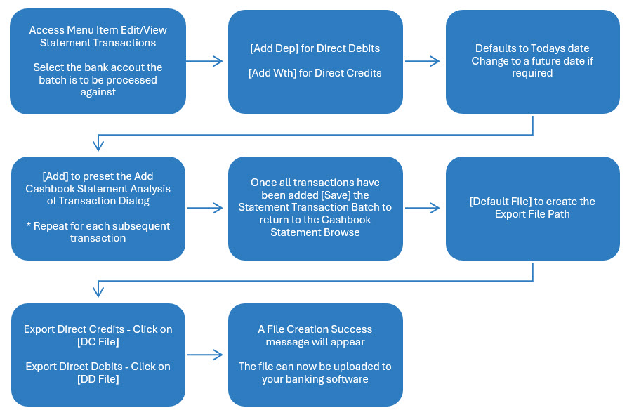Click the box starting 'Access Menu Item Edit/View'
click(98, 61)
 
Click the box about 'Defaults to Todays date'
click(533, 62)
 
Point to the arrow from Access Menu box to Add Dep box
click(205, 61)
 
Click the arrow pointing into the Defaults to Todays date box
click(422, 61)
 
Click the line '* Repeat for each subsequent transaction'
click(98, 232)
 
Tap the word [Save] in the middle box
click(336, 195)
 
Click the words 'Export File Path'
click(532, 214)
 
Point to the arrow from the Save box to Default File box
click(422, 208)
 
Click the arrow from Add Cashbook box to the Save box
click(205, 208)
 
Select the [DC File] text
click(98, 342)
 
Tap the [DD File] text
click(98, 379)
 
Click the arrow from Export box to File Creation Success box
click(205, 355)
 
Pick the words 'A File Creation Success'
click(315, 329)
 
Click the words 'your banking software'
click(315, 379)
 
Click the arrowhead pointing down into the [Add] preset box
click(98, 145)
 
